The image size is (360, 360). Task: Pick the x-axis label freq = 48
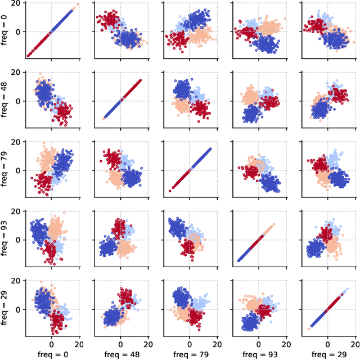point(120,354)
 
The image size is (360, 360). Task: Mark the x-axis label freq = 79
point(190,354)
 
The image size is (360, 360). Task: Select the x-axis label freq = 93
point(259,354)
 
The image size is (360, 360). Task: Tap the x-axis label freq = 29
point(328,354)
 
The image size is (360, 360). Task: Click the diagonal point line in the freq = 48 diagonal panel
point(121,100)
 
